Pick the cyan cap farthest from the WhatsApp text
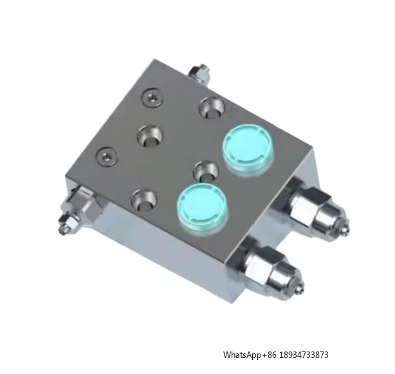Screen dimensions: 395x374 coord(248,149)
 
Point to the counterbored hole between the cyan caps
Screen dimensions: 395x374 coord(206,171)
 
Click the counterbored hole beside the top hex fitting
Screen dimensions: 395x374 coord(212,108)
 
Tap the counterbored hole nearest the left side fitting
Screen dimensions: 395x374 coord(145,200)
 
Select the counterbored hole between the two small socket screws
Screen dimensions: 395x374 coord(150,136)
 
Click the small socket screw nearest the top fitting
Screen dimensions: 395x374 coord(152,98)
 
